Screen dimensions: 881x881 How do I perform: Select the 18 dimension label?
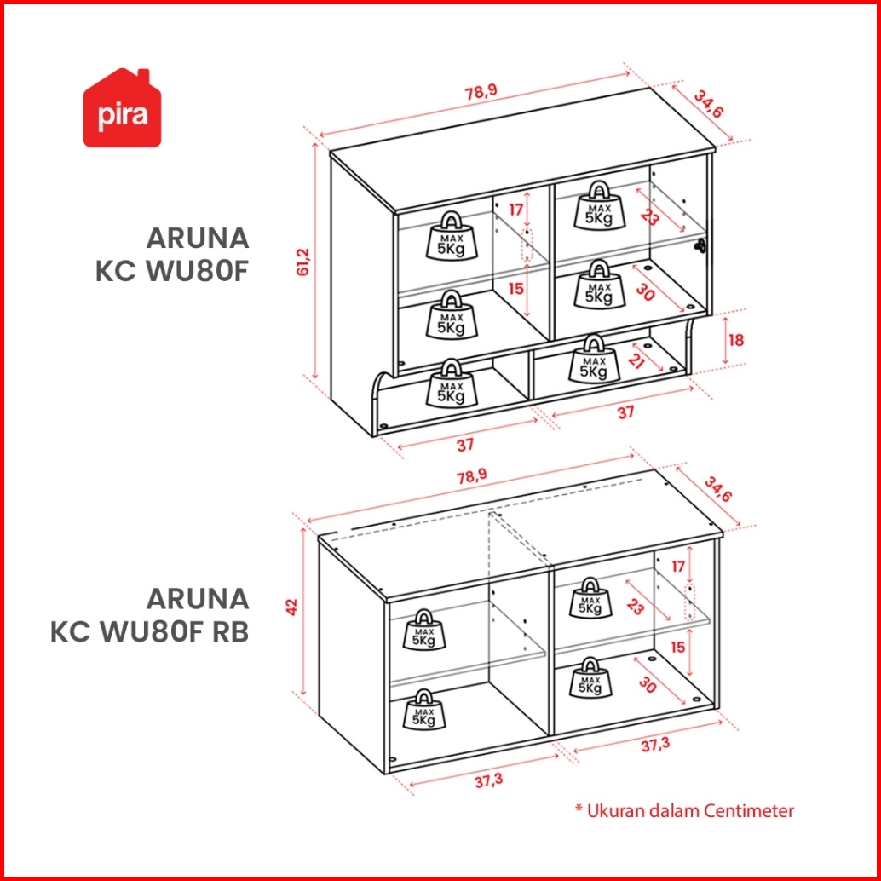coord(736,340)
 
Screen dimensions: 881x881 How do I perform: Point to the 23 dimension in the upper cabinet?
coord(650,218)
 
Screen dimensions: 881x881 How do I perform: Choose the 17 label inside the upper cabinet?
coord(515,209)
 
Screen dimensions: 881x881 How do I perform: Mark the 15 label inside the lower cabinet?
coord(678,647)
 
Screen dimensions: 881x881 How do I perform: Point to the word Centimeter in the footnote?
coord(749,810)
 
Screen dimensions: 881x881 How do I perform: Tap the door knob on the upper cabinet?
coord(700,245)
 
